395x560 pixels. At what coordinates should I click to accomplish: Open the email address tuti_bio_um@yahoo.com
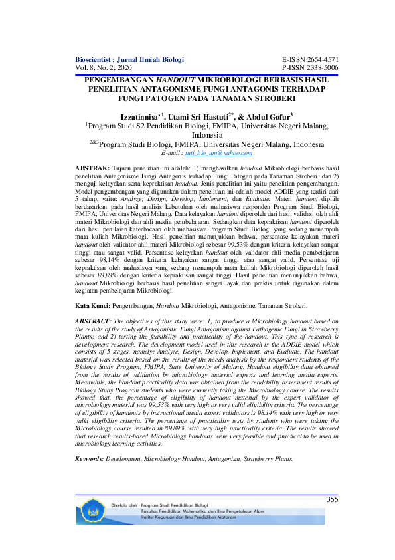tap(212, 152)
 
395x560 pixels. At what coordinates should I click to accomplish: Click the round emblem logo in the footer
tap(94, 520)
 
